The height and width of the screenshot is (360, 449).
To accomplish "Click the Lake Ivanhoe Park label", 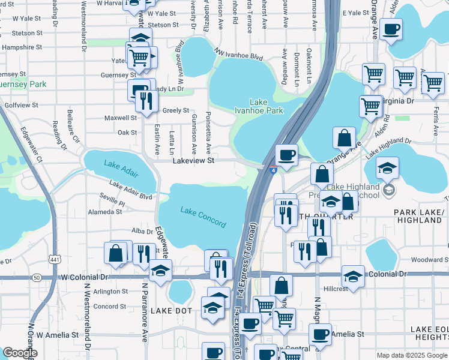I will pyautogui.click(x=266, y=106).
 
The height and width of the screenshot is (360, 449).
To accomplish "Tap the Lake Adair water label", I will pyautogui.click(x=121, y=168).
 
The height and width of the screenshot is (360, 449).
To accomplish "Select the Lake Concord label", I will pyautogui.click(x=203, y=217).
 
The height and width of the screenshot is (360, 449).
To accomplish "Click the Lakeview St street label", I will pyautogui.click(x=193, y=161).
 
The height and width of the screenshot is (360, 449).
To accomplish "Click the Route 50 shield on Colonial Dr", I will pyautogui.click(x=37, y=278).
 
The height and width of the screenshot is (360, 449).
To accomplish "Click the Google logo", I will pyautogui.click(x=20, y=353).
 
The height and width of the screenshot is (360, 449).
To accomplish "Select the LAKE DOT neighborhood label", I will pyautogui.click(x=171, y=310).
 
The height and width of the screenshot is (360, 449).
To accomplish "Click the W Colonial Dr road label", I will pyautogui.click(x=84, y=277).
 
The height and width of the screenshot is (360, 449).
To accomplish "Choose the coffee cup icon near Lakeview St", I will pyautogui.click(x=286, y=155).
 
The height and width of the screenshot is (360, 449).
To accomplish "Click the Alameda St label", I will pyautogui.click(x=105, y=212).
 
